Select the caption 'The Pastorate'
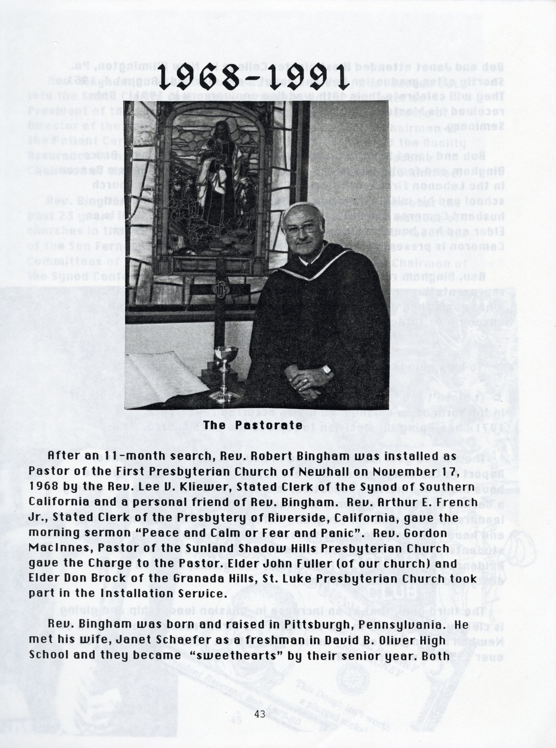[252, 425]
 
